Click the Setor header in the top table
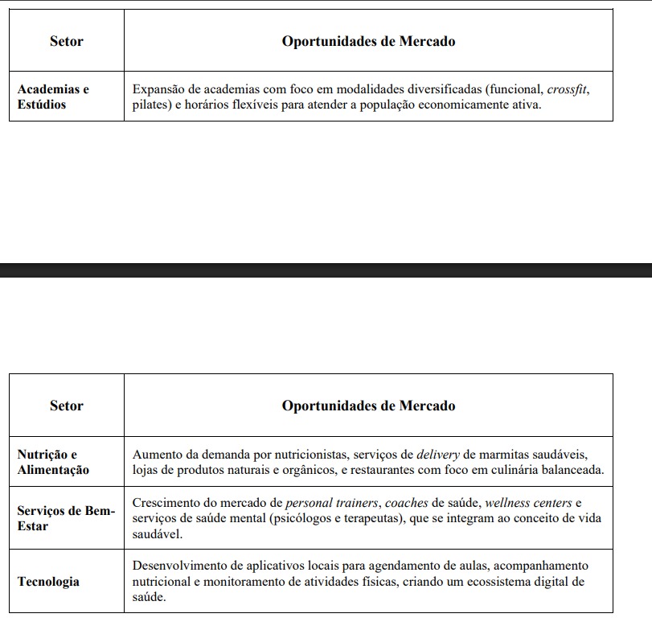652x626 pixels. [66, 41]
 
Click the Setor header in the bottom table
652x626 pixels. [66, 406]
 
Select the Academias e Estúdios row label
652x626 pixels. [53, 97]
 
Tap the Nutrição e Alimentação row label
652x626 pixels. [53, 462]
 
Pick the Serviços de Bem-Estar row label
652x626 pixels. [66, 518]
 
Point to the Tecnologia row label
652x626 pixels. [48, 581]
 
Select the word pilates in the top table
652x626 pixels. [150, 105]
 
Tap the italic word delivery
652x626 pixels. [439, 454]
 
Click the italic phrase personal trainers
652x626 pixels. [331, 503]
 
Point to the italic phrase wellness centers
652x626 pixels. [528, 503]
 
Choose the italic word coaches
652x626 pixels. [406, 503]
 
